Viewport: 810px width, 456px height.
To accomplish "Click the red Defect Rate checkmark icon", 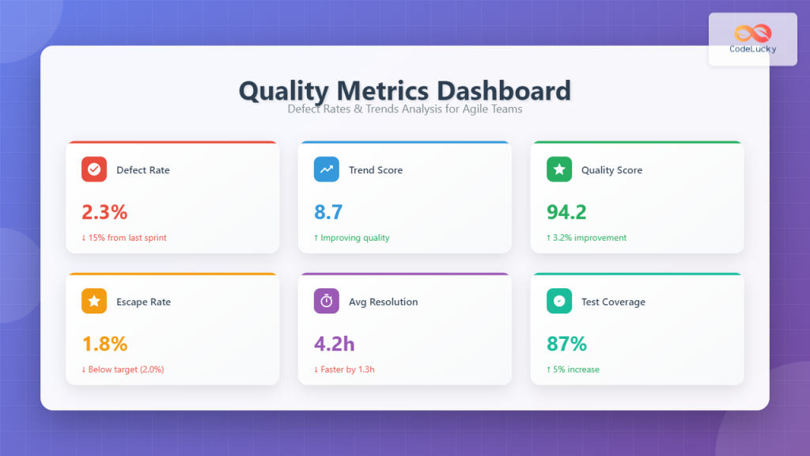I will (94, 169).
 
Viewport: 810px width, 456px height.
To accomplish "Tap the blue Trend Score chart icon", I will (327, 169).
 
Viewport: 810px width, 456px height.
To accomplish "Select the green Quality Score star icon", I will (559, 169).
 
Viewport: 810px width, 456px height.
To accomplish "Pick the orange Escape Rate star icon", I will (94, 301).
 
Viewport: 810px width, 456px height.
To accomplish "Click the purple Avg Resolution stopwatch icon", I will (327, 301).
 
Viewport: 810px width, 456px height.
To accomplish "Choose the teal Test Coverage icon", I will (559, 301).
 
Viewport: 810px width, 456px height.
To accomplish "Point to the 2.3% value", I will (104, 211).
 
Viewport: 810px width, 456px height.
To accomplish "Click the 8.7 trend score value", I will (328, 211).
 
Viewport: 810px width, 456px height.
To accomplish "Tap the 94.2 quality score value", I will (566, 211).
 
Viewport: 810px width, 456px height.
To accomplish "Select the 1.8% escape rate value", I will (104, 344).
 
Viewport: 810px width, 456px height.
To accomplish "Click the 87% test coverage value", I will (566, 344).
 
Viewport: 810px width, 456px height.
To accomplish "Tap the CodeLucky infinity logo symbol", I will (752, 32).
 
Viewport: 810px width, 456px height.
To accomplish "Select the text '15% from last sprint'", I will (127, 237).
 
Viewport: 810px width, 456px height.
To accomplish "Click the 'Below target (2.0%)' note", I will (127, 369).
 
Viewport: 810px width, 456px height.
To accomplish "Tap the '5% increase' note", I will (577, 369).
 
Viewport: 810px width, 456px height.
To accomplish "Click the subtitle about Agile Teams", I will (404, 108).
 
